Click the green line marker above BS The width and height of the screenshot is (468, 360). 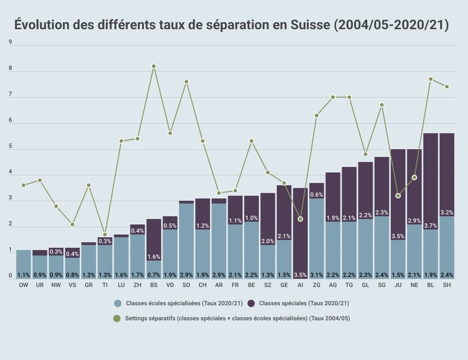(154, 66)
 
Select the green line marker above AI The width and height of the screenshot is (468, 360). (300, 219)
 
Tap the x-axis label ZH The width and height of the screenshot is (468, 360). (137, 285)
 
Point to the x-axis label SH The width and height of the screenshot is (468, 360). (446, 285)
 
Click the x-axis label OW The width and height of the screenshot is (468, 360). (23, 285)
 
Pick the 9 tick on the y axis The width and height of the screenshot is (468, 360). (11, 42)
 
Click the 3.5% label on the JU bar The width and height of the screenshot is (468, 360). (398, 236)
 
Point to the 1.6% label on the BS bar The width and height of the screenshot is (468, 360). (154, 257)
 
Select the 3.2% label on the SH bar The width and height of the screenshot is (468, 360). (446, 212)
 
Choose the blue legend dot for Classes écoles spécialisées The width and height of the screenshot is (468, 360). (118, 303)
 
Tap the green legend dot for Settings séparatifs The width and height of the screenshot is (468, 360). (117, 318)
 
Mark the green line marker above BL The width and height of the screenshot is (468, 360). (431, 79)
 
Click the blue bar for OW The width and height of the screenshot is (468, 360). (23, 263)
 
